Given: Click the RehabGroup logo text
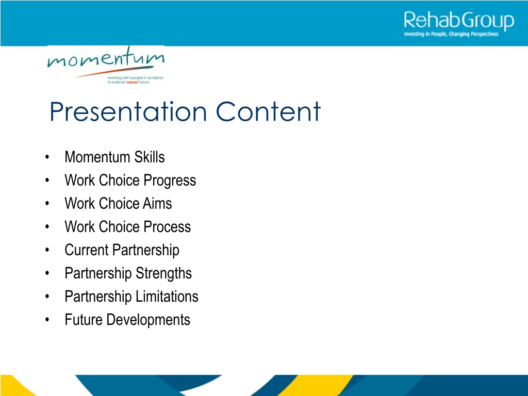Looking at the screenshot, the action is click(459, 21).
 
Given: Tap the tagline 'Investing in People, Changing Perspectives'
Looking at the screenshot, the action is click(451, 34).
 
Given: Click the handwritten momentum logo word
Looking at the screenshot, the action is click(106, 57).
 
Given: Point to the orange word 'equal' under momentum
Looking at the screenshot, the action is click(132, 82).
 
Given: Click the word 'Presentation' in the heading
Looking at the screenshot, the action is click(128, 111).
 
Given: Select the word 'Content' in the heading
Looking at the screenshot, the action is click(268, 111).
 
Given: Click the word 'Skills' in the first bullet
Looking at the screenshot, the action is click(150, 157).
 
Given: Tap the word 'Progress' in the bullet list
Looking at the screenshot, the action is click(170, 181).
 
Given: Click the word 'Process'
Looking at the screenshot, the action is click(168, 227).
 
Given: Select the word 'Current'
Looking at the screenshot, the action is click(87, 250).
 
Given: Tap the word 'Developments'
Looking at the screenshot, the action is click(148, 320).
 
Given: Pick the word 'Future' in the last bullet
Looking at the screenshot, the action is click(84, 320).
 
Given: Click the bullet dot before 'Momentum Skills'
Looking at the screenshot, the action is click(47, 157).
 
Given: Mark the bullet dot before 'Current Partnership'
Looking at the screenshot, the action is click(47, 250).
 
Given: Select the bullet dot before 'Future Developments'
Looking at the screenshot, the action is click(47, 320).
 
